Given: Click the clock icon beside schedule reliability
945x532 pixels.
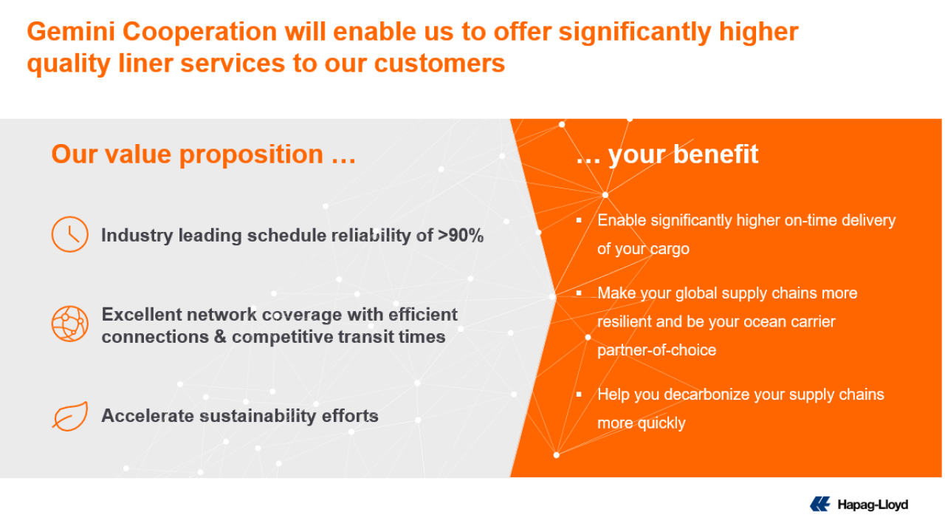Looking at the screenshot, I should [69, 234].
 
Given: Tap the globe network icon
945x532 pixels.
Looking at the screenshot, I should [69, 324].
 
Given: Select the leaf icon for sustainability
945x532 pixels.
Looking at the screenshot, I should [69, 415].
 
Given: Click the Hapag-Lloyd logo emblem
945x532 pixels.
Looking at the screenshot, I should [820, 505].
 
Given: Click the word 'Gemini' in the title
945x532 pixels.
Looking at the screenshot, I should [71, 32].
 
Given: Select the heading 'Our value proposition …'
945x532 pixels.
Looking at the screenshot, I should [203, 154].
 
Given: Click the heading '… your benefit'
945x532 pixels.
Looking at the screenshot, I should [667, 154].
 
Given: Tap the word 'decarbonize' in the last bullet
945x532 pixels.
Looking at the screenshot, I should [709, 395].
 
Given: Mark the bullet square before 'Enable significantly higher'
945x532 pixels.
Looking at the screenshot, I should [580, 220].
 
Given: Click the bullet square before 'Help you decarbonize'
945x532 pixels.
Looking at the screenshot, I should [580, 395].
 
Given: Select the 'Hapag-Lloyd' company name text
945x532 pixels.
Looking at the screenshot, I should [872, 505].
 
